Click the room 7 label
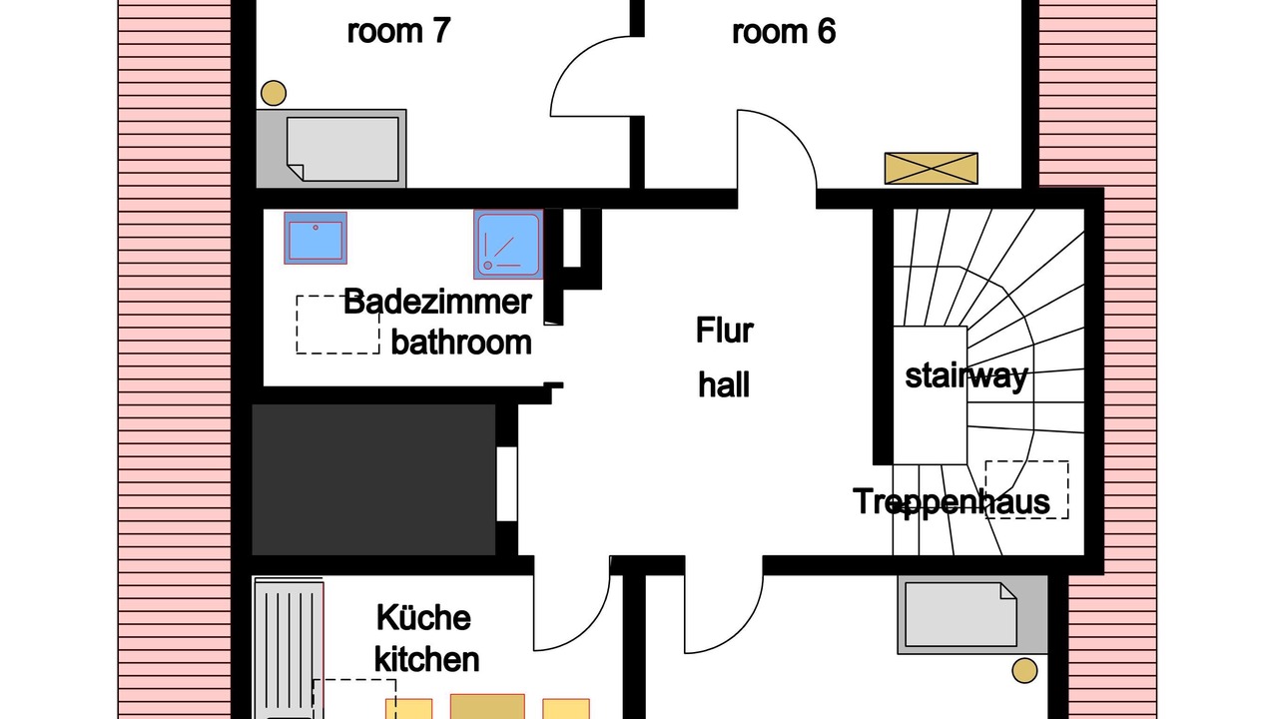tap(398, 31)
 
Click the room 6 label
tap(784, 31)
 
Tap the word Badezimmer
tap(437, 302)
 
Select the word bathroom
tap(461, 343)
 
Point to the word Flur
tap(725, 330)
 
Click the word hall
tap(724, 384)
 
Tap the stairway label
tap(966, 376)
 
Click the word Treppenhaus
tap(952, 501)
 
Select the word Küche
tap(424, 617)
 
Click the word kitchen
tap(426, 660)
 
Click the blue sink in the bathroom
tap(316, 238)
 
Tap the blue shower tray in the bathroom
tap(508, 245)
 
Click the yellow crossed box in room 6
tap(932, 169)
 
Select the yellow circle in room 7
tap(274, 93)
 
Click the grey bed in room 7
tap(331, 149)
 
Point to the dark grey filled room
tap(373, 479)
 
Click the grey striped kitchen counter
tap(290, 650)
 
